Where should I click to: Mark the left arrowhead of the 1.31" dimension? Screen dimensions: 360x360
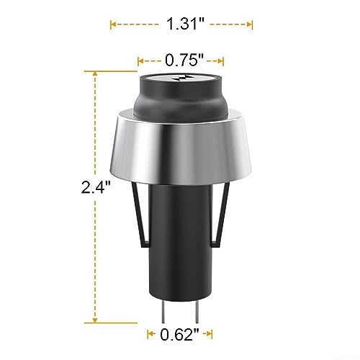tap(112, 24)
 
